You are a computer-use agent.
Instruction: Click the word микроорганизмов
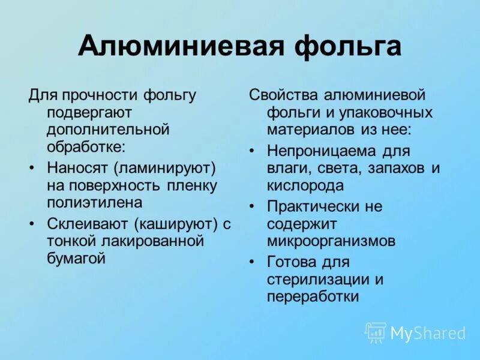332,241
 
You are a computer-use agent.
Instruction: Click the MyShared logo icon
376,332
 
